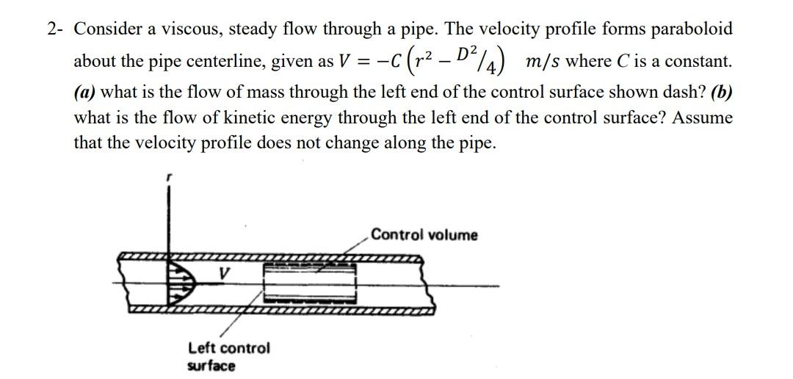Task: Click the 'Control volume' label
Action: [424, 235]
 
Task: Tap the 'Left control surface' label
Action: [228, 356]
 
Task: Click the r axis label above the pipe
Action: [169, 178]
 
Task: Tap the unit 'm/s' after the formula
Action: [542, 62]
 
